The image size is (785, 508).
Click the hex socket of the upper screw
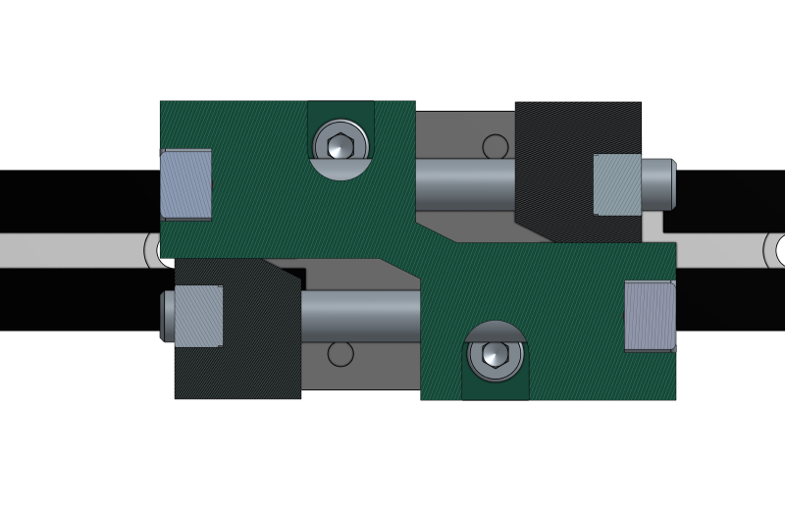pos(340,146)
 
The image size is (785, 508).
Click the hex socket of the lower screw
pos(496,354)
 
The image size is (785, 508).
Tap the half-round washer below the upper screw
pos(340,171)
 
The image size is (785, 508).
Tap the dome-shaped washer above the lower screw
pos(496,330)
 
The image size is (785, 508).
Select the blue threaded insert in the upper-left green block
pos(186,184)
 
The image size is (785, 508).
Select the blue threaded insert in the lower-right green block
pos(650,316)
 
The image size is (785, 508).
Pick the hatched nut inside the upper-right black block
pos(617,184)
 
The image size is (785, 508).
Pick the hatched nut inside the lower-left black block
pos(198,316)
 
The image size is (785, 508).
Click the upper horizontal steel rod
pos(464,183)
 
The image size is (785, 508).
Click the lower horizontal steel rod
pos(360,316)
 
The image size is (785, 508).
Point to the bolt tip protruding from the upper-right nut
pos(657,184)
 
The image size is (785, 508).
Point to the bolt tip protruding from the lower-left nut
pos(168,316)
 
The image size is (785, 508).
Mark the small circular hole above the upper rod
pos(496,147)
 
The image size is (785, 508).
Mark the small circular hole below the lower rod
pos(340,354)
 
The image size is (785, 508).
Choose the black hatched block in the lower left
pos(235,373)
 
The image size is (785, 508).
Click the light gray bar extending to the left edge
pos(69,250)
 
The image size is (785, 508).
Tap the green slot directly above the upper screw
pos(340,110)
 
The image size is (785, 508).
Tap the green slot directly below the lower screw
pos(496,389)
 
